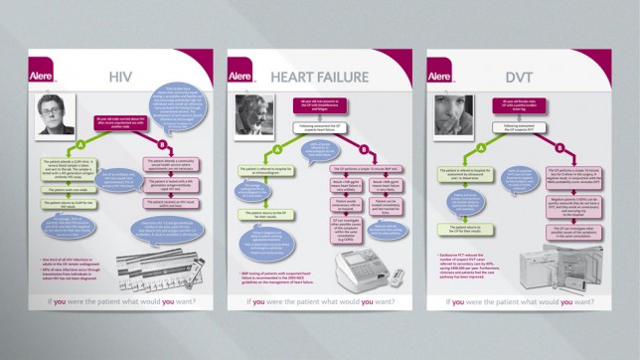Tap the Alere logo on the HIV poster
point(46,74)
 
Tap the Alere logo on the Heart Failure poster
point(241,74)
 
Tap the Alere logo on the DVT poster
point(438,74)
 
